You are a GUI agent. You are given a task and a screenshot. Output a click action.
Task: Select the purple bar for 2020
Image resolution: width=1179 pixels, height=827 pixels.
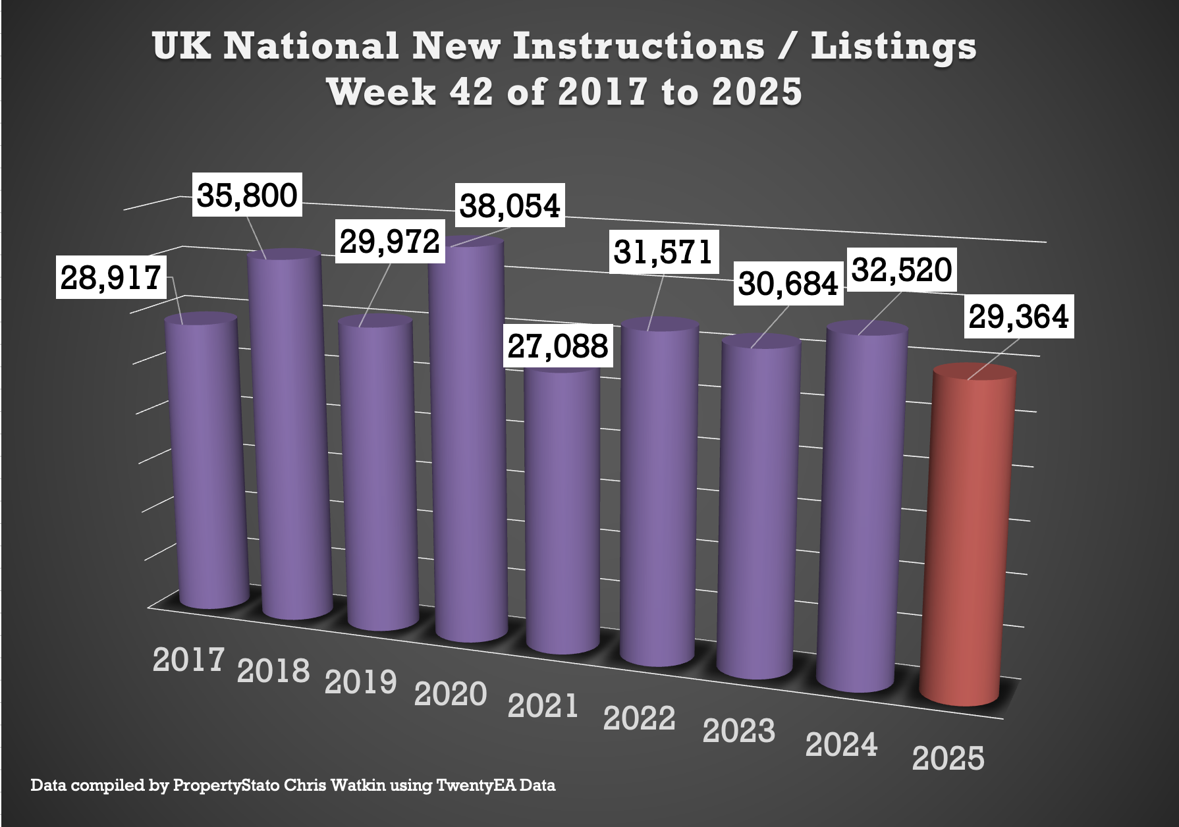pyautogui.click(x=468, y=441)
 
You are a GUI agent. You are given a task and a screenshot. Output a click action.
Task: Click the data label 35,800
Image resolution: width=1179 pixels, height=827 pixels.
pyautogui.click(x=247, y=195)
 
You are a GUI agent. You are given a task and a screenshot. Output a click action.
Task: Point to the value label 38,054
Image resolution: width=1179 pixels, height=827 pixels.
pyautogui.click(x=510, y=205)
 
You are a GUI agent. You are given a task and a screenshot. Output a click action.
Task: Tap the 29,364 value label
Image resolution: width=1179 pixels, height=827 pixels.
pyautogui.click(x=1018, y=317)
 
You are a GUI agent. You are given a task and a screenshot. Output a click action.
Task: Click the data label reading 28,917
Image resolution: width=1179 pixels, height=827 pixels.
pyautogui.click(x=111, y=277)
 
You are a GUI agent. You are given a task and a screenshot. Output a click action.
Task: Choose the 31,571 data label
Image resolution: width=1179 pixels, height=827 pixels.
pyautogui.click(x=663, y=252)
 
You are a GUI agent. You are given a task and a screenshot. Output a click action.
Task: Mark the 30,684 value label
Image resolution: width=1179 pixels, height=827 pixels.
pyautogui.click(x=788, y=284)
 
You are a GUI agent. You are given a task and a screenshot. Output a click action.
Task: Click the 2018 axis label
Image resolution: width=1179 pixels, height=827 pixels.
pyautogui.click(x=273, y=671)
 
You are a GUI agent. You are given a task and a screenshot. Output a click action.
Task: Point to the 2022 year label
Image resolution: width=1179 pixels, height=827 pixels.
pyautogui.click(x=639, y=718)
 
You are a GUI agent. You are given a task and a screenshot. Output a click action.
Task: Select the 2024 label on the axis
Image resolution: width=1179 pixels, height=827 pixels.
pyautogui.click(x=841, y=745)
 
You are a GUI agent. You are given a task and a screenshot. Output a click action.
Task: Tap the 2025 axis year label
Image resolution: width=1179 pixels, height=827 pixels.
pyautogui.click(x=948, y=759)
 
